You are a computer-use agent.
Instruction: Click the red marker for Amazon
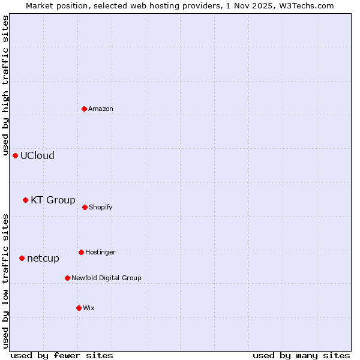[x=84, y=109]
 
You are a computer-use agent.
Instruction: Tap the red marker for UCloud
[x=15, y=155]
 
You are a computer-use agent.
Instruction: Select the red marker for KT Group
[x=25, y=200]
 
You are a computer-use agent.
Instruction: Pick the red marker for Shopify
[x=85, y=207]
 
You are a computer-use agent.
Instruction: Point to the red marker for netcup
[x=22, y=258]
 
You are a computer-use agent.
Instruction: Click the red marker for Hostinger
[x=81, y=252]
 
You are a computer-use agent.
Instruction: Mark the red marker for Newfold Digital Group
[x=67, y=278]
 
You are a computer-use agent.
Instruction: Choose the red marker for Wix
[x=79, y=308]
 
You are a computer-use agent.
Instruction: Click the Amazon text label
[x=101, y=109]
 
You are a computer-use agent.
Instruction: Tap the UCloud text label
[x=37, y=155]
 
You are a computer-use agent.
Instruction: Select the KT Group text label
[x=53, y=200]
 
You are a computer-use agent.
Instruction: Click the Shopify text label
[x=101, y=207]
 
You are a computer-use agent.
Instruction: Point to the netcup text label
[x=43, y=258]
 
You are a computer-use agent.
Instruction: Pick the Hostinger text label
[x=100, y=252]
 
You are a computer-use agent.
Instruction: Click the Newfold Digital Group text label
[x=106, y=278]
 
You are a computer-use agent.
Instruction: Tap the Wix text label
[x=89, y=308]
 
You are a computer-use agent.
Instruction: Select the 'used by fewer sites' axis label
[x=62, y=355]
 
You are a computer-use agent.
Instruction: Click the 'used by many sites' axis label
[x=301, y=355]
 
